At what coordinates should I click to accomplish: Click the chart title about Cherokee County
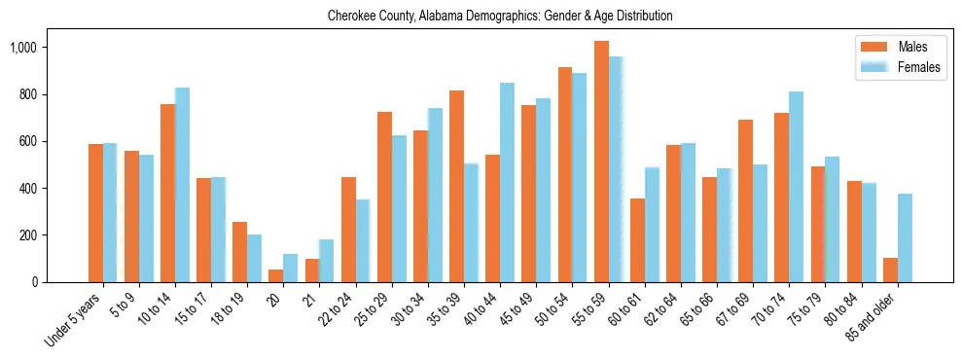point(500,17)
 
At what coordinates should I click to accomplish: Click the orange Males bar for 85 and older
point(890,270)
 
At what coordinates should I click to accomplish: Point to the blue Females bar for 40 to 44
point(507,182)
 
